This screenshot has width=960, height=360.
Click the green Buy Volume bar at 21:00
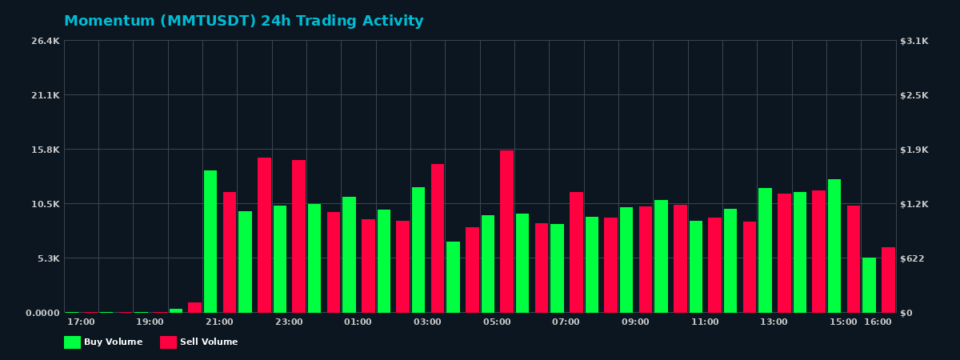210,241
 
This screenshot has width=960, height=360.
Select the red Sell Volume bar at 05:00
506,231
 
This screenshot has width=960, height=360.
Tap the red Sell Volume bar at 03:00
438,238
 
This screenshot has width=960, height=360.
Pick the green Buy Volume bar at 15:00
834,246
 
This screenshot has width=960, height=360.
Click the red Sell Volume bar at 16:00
888,280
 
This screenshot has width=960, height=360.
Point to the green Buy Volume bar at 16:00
869,285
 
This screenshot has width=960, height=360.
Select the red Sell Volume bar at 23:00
298,236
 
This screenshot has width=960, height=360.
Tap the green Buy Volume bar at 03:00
418,250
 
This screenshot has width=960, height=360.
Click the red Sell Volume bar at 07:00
576,252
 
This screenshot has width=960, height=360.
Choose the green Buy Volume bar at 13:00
765,250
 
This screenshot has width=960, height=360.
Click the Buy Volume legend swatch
72,342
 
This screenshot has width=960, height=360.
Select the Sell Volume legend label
209,342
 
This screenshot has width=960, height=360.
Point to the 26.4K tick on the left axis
46,41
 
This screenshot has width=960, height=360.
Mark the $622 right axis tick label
913,258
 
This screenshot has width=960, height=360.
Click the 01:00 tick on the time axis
358,322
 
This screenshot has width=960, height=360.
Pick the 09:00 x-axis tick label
635,322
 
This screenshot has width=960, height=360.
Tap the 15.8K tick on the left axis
46,150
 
